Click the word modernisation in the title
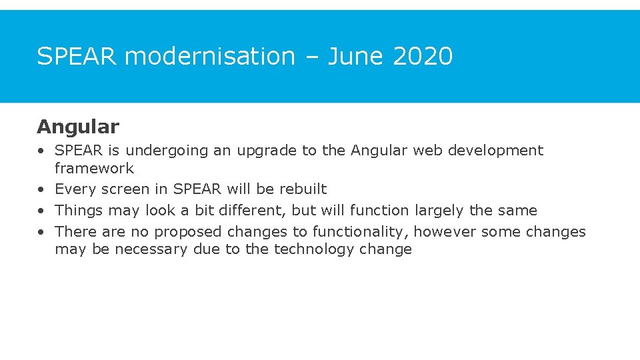click(x=210, y=57)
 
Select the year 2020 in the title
click(x=423, y=57)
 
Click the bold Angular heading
click(x=78, y=127)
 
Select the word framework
click(x=94, y=169)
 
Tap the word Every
click(x=75, y=189)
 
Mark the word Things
click(x=78, y=211)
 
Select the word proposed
click(x=189, y=232)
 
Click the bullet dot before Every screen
click(x=41, y=190)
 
